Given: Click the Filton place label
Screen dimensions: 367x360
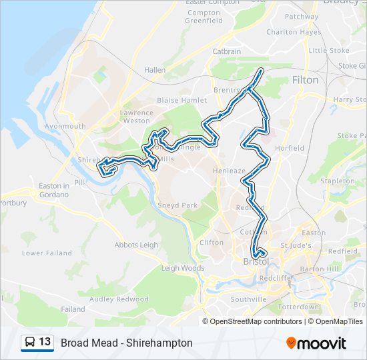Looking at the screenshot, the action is tap(305, 80).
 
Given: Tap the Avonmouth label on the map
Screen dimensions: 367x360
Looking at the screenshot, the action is tap(65, 126).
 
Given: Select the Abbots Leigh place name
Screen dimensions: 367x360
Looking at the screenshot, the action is tap(136, 245).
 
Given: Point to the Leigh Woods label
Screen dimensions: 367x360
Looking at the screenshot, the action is tap(182, 268).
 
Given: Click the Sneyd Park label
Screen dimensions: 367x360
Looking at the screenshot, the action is tap(177, 206).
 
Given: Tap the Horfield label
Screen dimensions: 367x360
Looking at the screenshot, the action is tap(290, 148).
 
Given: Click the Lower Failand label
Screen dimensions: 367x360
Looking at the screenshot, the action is tap(42, 253).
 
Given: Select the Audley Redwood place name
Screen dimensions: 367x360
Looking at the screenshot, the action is tap(119, 299).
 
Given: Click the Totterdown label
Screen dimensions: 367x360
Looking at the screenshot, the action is tap(299, 307).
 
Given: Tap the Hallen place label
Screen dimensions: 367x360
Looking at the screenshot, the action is tap(154, 69).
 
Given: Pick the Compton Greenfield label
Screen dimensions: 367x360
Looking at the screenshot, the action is tap(204, 17).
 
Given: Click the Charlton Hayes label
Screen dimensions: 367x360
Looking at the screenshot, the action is tap(293, 32).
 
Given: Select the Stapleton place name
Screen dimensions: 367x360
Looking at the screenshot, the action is tap(337, 181).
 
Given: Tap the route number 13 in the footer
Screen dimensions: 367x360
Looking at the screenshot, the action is tap(45, 342).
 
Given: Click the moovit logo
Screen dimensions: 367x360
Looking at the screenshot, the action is tap(316, 343).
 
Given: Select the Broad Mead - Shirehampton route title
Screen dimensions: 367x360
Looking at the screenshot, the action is tap(127, 343).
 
